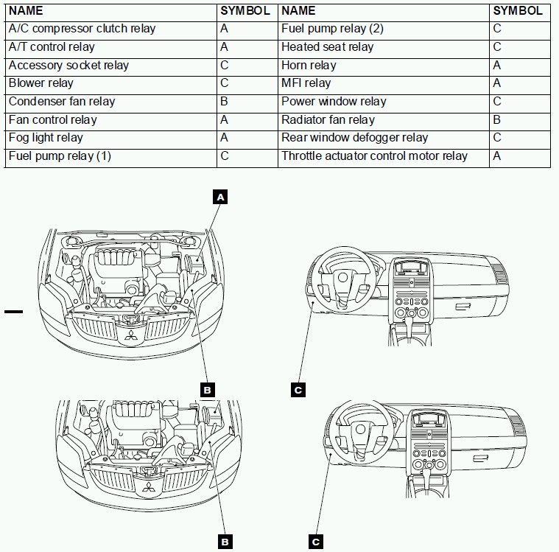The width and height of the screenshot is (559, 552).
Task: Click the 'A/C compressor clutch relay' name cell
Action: coord(82,29)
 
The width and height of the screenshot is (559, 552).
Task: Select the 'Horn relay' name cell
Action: coord(309,66)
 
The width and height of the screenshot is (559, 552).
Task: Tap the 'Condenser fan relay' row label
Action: coord(62,102)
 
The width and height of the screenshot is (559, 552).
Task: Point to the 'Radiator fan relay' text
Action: coord(328,119)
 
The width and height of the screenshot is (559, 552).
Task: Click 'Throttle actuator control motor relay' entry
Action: coord(374,156)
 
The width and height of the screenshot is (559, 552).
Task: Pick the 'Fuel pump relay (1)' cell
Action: coord(60,156)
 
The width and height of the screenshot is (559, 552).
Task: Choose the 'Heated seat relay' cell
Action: coord(327,47)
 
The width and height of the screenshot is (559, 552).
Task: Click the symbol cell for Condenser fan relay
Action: coord(224,102)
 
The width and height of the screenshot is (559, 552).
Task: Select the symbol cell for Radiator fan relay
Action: coord(497,119)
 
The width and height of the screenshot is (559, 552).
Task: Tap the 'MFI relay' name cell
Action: coord(306,83)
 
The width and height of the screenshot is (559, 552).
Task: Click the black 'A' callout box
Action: coord(219,197)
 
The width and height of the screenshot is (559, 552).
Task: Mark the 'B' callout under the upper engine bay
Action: coord(207,390)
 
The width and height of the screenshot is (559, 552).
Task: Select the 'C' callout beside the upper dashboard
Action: coord(298,390)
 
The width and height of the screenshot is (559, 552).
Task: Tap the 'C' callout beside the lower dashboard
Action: coord(315,542)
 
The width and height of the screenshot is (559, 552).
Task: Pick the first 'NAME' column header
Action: coord(26,11)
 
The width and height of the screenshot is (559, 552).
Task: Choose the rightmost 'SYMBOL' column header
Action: coord(518,11)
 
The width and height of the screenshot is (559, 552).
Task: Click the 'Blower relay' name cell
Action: coord(41,83)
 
